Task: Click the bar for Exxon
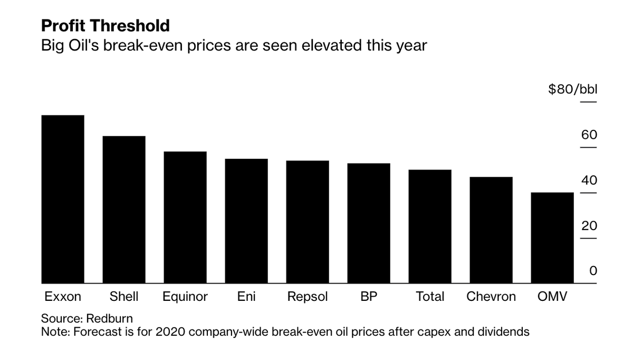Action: [63, 200]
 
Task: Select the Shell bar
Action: [124, 210]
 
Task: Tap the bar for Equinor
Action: [185, 217]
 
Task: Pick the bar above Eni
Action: [246, 221]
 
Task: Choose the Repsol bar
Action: [308, 222]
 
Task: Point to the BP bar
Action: [369, 223]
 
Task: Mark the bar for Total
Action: [430, 226]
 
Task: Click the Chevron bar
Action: [491, 230]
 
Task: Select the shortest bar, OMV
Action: [552, 238]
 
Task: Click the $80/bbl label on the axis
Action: [573, 89]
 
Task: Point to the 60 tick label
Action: [589, 135]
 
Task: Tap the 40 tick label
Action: [589, 181]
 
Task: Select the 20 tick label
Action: [589, 226]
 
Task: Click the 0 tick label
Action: [593, 271]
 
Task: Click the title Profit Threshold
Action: [105, 25]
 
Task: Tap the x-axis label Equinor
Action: [185, 297]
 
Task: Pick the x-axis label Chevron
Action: [491, 297]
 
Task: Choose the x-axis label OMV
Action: [552, 297]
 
